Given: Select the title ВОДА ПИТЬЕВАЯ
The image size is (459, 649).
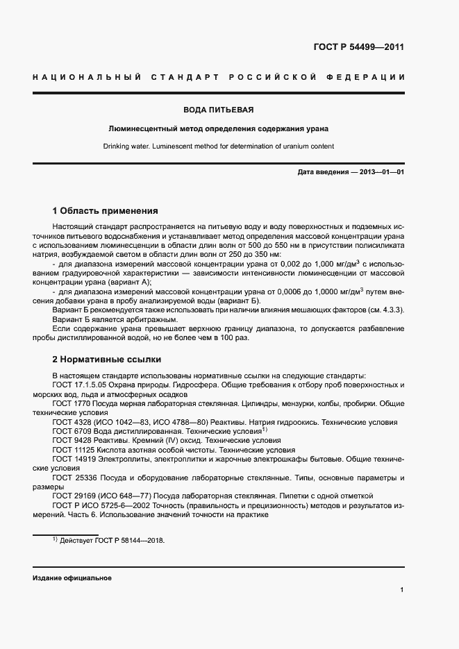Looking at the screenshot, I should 218,110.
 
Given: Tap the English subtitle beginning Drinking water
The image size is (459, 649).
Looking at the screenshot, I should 218,146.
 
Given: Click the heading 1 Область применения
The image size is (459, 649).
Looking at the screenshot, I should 106,210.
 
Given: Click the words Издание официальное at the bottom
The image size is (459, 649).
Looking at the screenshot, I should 72,578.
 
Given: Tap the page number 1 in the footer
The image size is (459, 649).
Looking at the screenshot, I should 402,590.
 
